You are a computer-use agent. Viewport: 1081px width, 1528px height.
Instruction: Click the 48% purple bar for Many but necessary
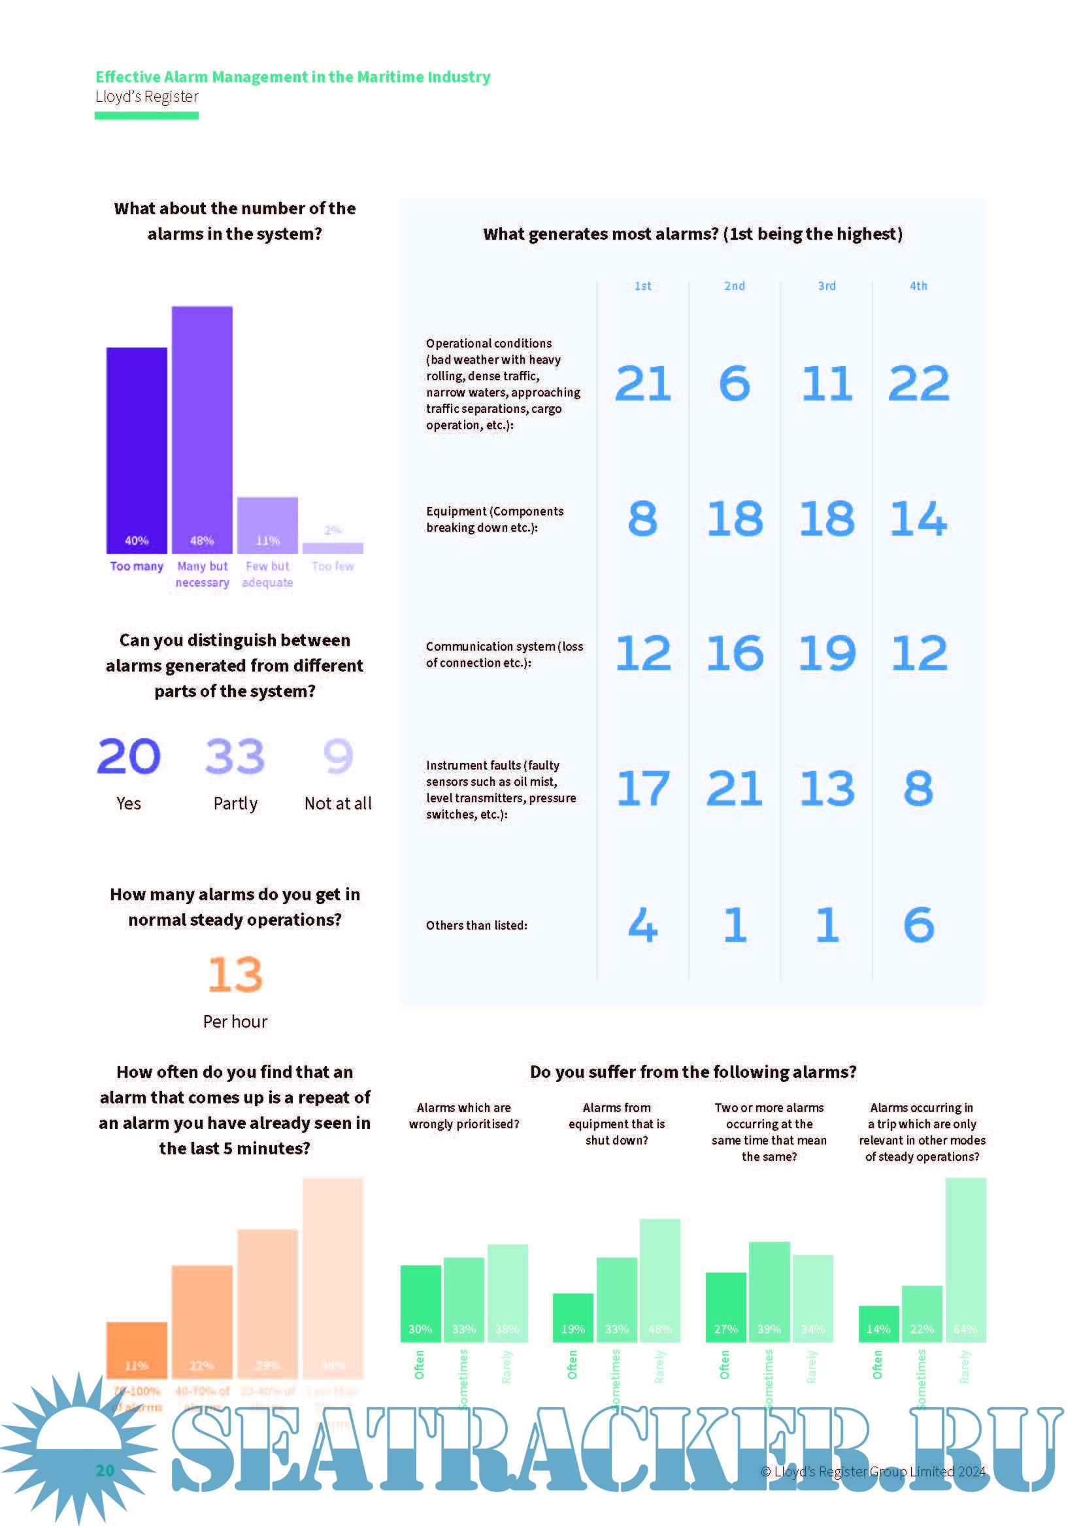pyautogui.click(x=202, y=429)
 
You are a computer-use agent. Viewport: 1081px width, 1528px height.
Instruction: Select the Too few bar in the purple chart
pyautogui.click(x=333, y=547)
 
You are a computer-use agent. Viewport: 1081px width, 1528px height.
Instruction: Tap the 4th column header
pyautogui.click(x=918, y=285)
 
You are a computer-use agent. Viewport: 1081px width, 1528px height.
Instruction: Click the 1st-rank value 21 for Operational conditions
pyautogui.click(x=642, y=383)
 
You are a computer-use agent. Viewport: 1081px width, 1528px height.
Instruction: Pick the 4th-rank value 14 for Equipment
pyautogui.click(x=918, y=519)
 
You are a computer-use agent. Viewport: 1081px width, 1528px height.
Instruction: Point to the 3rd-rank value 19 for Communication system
pyautogui.click(x=827, y=653)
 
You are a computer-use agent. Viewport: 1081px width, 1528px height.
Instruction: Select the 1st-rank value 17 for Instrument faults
pyautogui.click(x=642, y=788)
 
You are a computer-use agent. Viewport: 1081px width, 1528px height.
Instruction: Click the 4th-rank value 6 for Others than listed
pyautogui.click(x=918, y=924)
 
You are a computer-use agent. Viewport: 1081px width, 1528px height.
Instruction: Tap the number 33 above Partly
pyautogui.click(x=235, y=756)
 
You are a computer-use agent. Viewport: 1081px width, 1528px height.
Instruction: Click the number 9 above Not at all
pyautogui.click(x=337, y=756)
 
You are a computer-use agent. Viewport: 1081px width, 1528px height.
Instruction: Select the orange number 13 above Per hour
pyautogui.click(x=235, y=974)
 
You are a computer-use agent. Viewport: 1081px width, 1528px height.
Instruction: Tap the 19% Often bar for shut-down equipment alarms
pyautogui.click(x=573, y=1317)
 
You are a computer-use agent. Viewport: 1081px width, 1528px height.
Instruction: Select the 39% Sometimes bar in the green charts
pyautogui.click(x=769, y=1291)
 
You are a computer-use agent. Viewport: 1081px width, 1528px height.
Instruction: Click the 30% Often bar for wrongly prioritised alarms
pyautogui.click(x=420, y=1303)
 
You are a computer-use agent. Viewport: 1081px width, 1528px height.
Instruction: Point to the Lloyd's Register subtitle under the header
pyautogui.click(x=146, y=97)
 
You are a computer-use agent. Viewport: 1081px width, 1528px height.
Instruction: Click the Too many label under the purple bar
pyautogui.click(x=137, y=566)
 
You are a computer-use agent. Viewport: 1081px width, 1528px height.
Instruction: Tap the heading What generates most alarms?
pyautogui.click(x=692, y=234)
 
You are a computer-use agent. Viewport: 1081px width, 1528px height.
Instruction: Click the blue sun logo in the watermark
pyautogui.click(x=78, y=1444)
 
